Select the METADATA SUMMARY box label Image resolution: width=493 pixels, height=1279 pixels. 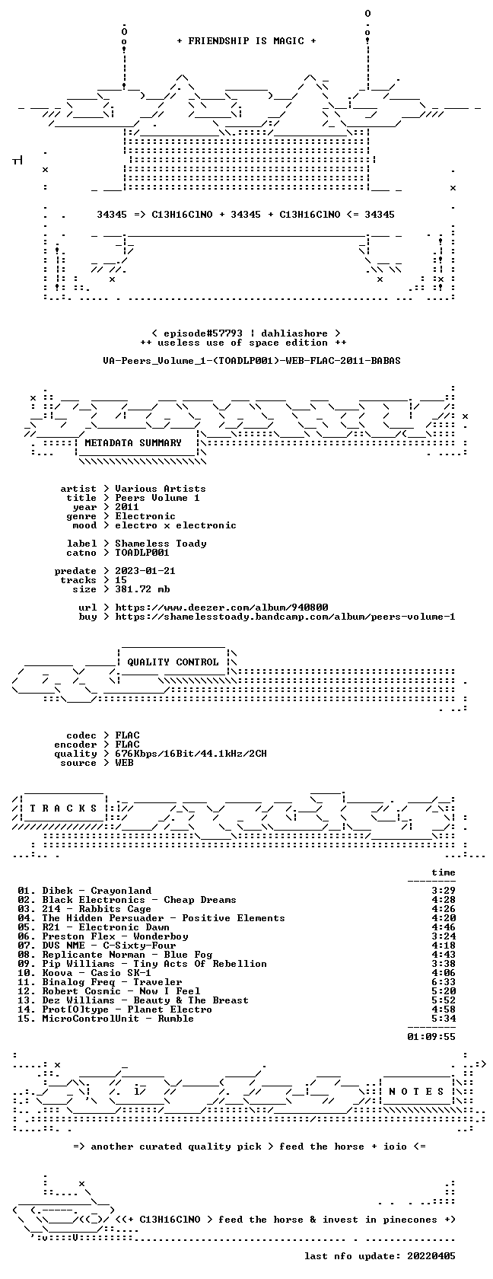[133, 443]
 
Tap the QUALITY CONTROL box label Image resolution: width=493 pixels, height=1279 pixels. [173, 662]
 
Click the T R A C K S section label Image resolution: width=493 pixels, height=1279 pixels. [63, 809]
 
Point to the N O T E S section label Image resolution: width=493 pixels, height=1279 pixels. [416, 1092]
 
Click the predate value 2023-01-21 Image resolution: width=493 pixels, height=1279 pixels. [145, 571]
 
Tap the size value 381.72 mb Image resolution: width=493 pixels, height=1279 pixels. [142, 589]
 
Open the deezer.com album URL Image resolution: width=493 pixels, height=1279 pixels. [221, 608]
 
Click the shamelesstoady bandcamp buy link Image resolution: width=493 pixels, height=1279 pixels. [285, 617]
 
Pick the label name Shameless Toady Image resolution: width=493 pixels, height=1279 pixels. [161, 544]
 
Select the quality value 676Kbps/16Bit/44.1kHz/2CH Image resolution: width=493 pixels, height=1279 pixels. [190, 754]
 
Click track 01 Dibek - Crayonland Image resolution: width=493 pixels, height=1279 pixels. [84, 891]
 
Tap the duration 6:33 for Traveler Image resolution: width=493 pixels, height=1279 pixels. [444, 982]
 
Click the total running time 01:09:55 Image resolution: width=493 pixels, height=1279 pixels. [431, 1037]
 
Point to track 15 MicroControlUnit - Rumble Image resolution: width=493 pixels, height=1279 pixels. [106, 1019]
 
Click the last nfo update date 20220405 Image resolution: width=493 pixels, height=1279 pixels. [431, 1256]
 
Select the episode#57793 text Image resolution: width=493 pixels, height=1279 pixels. [203, 333]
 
